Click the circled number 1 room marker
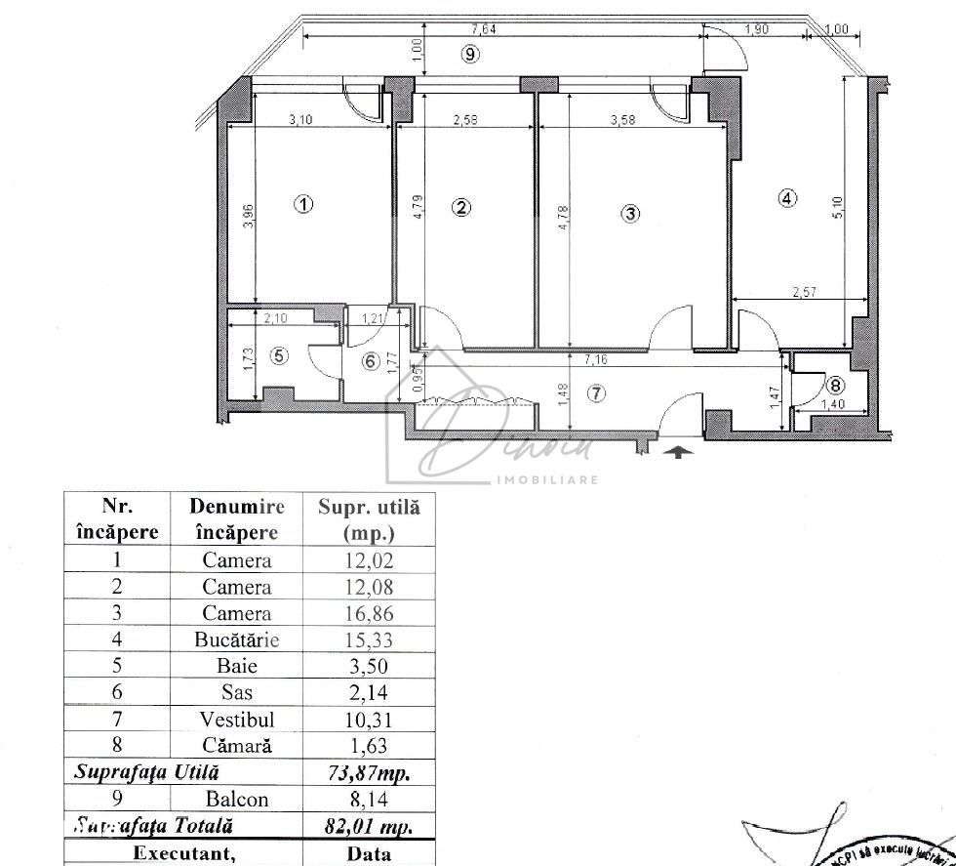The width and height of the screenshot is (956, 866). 304,205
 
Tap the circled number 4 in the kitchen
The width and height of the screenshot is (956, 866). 787,197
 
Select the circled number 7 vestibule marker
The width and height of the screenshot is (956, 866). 596,393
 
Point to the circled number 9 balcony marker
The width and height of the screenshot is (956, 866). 470,55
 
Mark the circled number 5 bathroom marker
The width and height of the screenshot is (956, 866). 280,356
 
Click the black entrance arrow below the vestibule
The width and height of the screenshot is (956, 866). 681,451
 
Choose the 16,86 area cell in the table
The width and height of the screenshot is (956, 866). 369,614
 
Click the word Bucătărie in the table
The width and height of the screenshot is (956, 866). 237,640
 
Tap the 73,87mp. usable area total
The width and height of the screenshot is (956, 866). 369,772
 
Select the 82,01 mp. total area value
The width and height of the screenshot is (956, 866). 369,825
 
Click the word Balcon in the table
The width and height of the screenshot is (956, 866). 237,799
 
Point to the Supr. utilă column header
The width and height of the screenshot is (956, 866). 369,519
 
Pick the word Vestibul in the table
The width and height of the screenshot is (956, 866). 237,720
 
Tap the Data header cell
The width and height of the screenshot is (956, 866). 369,853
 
